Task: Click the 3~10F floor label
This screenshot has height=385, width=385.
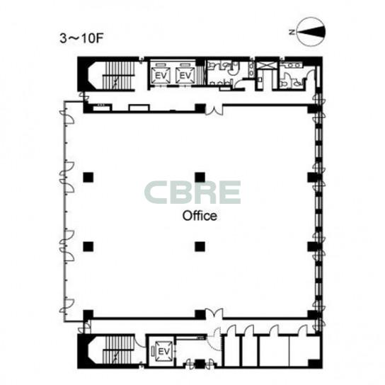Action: [x=81, y=38]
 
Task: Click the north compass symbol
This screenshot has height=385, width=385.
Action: [x=311, y=32]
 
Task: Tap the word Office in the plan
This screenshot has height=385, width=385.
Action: [x=200, y=216]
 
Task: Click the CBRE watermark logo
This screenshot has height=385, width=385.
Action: [x=192, y=192]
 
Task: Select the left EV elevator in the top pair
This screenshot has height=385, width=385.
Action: [x=161, y=75]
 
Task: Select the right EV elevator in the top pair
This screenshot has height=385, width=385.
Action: [x=185, y=75]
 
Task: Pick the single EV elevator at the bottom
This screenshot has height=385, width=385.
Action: [x=163, y=351]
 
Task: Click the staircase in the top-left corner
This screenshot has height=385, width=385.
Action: [x=119, y=75]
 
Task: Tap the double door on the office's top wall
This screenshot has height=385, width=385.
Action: [x=214, y=110]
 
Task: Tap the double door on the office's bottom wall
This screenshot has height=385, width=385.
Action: [x=214, y=314]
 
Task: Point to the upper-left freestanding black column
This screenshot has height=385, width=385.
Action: [x=88, y=177]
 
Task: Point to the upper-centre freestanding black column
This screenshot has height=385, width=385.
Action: [x=200, y=177]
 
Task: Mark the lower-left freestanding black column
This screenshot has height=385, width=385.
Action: [x=88, y=247]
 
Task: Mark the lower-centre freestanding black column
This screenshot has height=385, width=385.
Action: [x=200, y=247]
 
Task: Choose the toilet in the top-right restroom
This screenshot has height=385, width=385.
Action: [x=284, y=84]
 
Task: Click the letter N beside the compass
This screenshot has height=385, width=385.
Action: [x=292, y=32]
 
